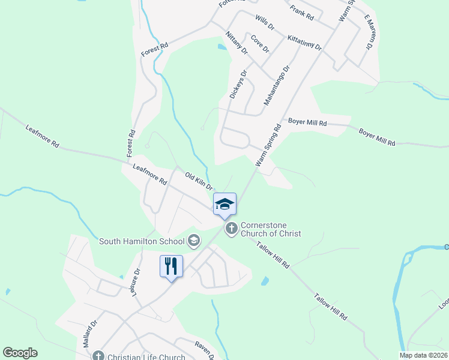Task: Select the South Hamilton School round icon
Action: (193, 241)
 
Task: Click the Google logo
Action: (20, 353)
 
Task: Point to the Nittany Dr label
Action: (237, 42)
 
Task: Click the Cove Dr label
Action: (260, 44)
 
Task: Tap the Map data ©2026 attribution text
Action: (424, 355)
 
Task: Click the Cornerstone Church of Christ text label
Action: (271, 229)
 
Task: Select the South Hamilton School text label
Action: (142, 241)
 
